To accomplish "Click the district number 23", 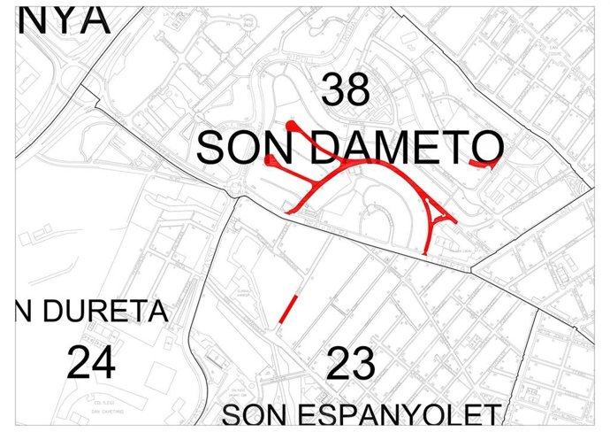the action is click(351, 364).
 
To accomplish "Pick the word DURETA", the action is click(103, 312).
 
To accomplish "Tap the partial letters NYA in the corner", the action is click(62, 18).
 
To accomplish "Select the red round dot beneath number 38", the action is click(290, 126).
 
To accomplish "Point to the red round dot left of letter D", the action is click(270, 160).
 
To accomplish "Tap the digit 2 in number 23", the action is click(339, 364).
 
